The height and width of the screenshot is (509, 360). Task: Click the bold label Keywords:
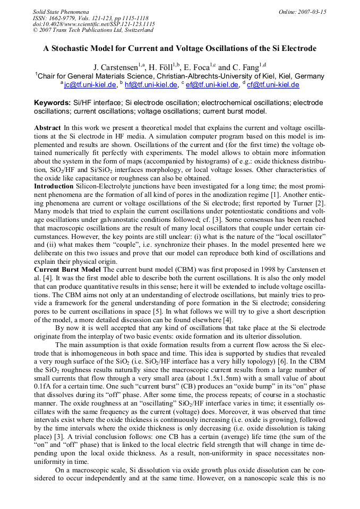[x=52, y=102]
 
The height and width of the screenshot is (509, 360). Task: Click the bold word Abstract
[x=47, y=128]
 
